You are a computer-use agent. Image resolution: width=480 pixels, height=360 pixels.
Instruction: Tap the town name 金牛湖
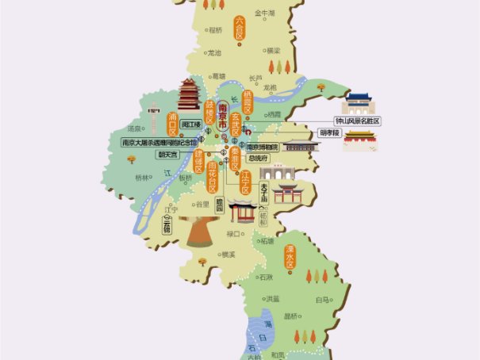click(x=263, y=13)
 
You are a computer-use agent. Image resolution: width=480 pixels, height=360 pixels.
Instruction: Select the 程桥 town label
click(x=215, y=31)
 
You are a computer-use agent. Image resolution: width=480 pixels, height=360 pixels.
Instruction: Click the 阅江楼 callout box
click(x=190, y=124)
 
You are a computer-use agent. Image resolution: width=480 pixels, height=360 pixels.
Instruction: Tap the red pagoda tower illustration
click(x=189, y=95)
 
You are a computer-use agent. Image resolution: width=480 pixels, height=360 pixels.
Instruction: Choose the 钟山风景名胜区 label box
click(x=357, y=121)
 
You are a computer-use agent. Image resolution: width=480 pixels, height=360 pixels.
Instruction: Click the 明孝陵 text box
click(x=329, y=132)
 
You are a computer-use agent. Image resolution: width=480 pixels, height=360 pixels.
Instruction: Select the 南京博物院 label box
click(x=262, y=147)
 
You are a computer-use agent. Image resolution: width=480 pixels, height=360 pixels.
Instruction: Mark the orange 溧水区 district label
click(x=290, y=259)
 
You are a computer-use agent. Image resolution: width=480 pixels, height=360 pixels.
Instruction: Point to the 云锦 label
click(x=167, y=225)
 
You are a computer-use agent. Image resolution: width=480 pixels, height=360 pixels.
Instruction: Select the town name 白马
click(x=321, y=300)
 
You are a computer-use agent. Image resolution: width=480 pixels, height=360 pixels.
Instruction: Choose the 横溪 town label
click(x=228, y=254)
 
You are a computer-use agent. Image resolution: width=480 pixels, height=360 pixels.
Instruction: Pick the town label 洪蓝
click(x=272, y=299)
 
